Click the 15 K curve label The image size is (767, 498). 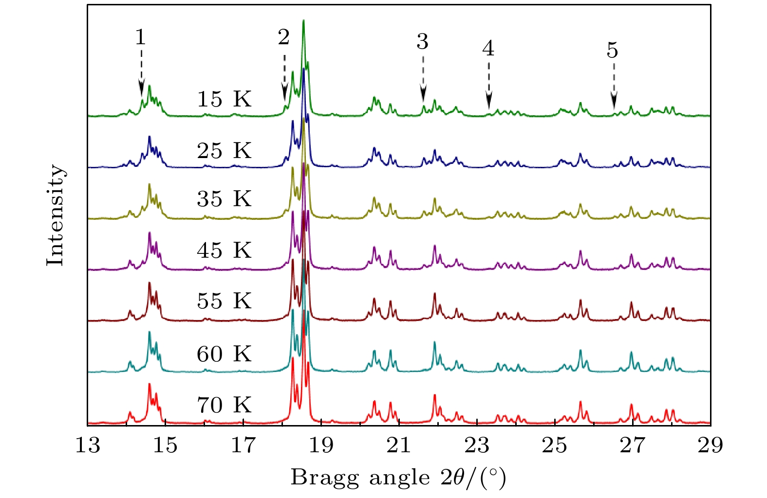(224, 99)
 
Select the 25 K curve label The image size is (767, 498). (224, 151)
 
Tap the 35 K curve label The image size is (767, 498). (224, 199)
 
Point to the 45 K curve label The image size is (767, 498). (224, 250)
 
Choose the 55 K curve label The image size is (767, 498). (224, 301)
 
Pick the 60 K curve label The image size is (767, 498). (224, 354)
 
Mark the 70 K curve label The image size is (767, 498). (224, 405)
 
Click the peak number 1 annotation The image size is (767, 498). (140, 37)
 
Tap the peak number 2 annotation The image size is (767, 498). (283, 37)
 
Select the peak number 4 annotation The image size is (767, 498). (488, 48)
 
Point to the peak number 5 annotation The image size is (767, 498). (612, 50)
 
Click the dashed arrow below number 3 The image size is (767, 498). (423, 78)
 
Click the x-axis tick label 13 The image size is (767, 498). (88, 445)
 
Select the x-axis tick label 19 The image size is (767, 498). (321, 445)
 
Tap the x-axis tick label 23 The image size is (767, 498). (477, 445)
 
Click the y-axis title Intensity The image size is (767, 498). (55, 215)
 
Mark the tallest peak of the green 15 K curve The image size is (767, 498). (303, 21)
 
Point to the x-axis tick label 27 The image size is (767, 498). (633, 445)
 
